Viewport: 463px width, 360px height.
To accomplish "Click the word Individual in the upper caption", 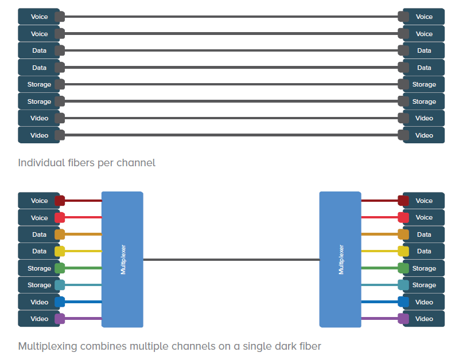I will point(41,163).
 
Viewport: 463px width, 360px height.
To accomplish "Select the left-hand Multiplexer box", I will point(122,260).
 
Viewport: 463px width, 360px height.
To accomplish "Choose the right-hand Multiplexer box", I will point(340,260).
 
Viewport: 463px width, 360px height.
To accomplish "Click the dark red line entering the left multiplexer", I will point(83,201).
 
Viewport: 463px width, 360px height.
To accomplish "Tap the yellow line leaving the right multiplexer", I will point(379,251).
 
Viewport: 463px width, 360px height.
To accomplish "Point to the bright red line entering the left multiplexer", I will point(83,217).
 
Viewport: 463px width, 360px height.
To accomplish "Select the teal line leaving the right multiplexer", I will point(379,285).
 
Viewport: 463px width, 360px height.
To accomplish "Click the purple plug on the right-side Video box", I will point(403,319).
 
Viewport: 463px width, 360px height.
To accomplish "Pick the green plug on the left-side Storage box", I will point(60,268).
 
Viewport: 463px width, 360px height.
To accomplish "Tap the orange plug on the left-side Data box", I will point(60,234).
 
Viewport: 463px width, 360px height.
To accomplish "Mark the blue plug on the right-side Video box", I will point(403,302).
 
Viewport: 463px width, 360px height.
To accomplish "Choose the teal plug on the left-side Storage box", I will point(60,285).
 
